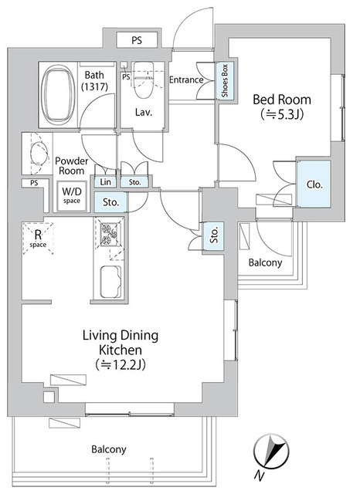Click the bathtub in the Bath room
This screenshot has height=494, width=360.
[58, 94]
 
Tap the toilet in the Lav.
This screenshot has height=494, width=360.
[144, 80]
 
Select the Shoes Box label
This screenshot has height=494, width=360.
[225, 80]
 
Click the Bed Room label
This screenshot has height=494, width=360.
[282, 100]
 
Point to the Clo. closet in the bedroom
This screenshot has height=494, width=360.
[314, 184]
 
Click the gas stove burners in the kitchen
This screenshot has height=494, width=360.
[108, 234]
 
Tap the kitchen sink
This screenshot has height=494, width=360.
[110, 282]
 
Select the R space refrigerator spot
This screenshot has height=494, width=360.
[38, 238]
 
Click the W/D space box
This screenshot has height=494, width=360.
[72, 195]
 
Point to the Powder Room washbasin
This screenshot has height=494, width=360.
[39, 154]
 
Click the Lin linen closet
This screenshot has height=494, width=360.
[105, 182]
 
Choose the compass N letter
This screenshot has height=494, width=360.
[259, 475]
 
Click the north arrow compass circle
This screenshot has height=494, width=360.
[271, 451]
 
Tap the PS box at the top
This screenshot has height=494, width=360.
[137, 40]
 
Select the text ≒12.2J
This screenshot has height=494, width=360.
[120, 365]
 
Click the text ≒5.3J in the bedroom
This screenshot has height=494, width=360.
[282, 114]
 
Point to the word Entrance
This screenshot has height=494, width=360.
[186, 80]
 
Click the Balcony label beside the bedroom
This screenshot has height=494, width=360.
[265, 262]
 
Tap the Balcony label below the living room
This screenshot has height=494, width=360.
[109, 449]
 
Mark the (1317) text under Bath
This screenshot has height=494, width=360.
[94, 86]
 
